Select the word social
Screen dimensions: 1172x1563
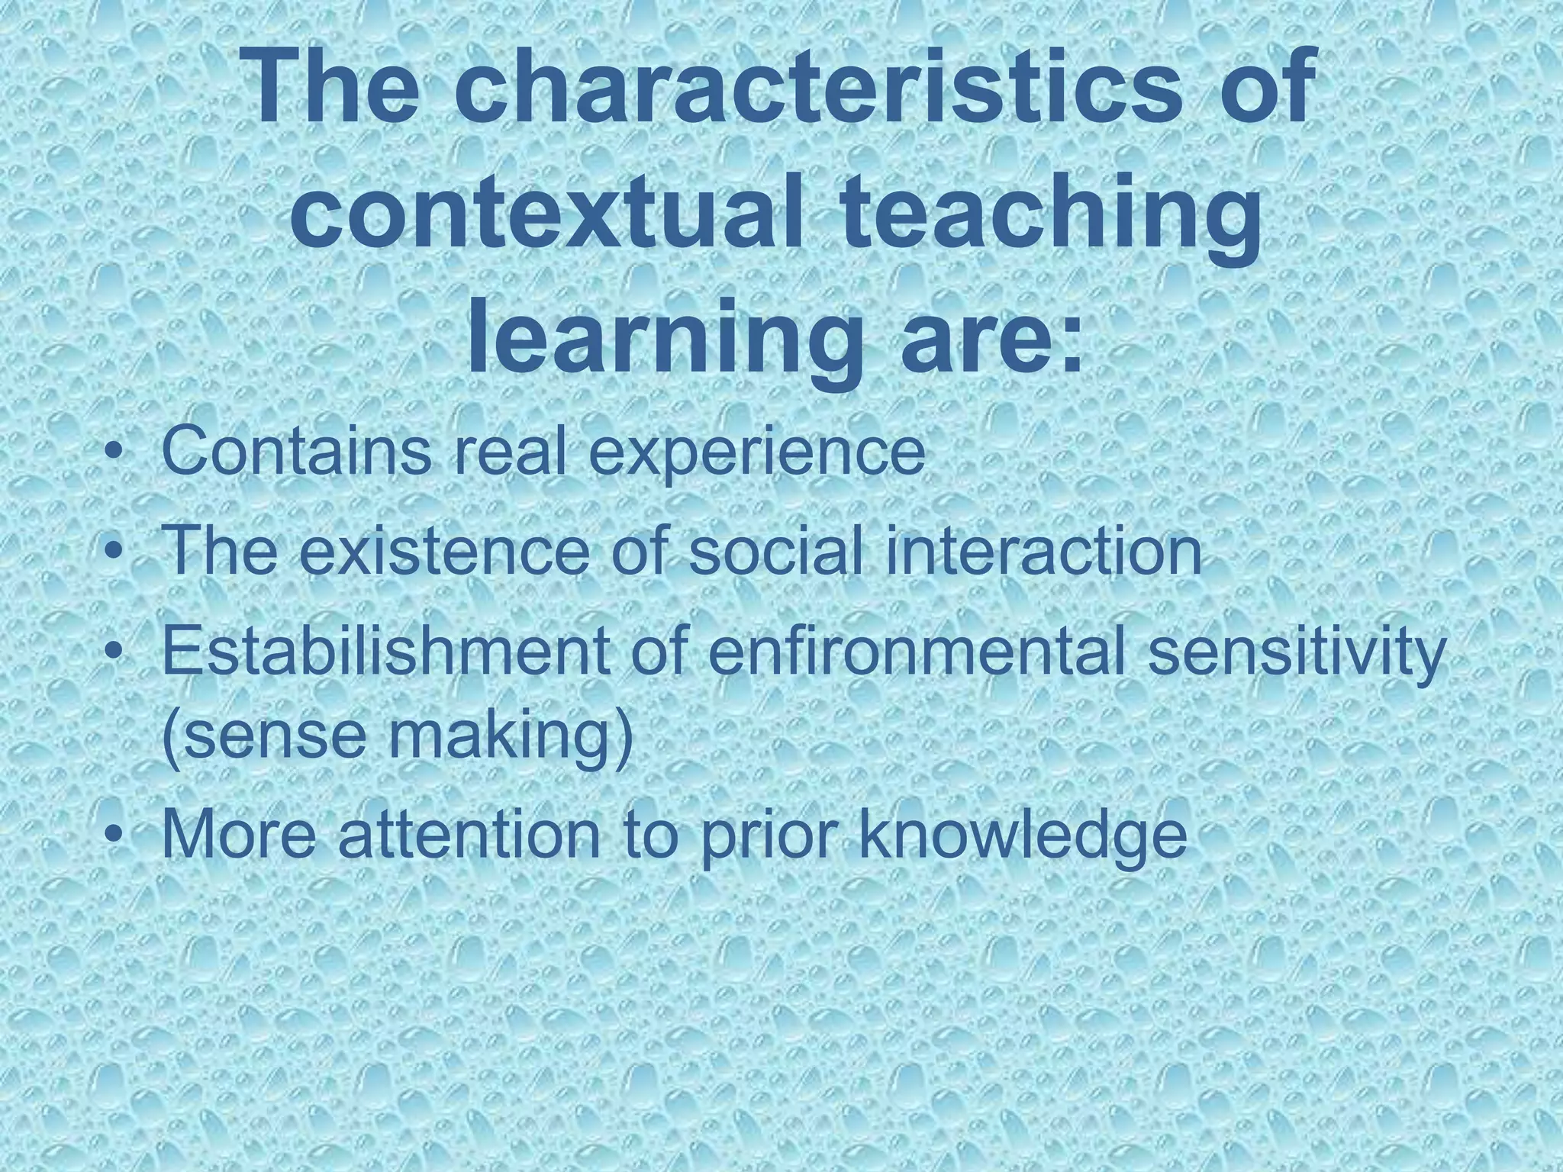coord(778,551)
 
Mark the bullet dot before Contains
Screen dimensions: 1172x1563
coord(114,453)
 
